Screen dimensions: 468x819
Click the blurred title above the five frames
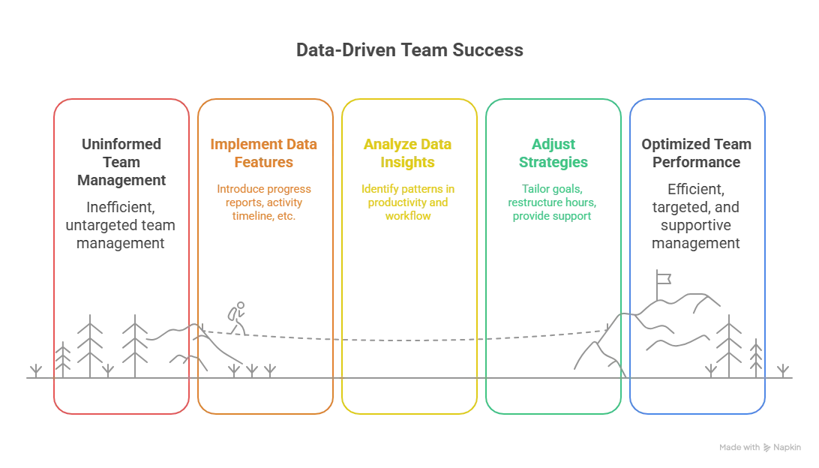pos(409,52)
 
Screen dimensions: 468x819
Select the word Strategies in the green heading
pos(556,160)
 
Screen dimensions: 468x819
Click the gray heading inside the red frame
pos(120,160)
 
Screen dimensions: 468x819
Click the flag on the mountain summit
pos(662,278)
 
